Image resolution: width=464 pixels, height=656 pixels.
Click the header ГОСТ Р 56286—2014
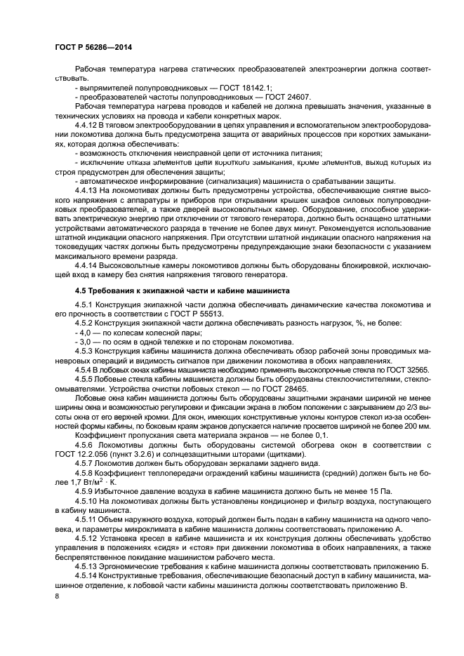93,47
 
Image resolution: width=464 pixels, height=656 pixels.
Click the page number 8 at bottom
57,596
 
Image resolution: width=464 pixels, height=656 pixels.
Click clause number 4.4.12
87,124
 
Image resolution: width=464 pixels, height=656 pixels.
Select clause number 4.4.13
87,189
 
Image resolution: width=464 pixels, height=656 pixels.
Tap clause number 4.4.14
87,266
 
